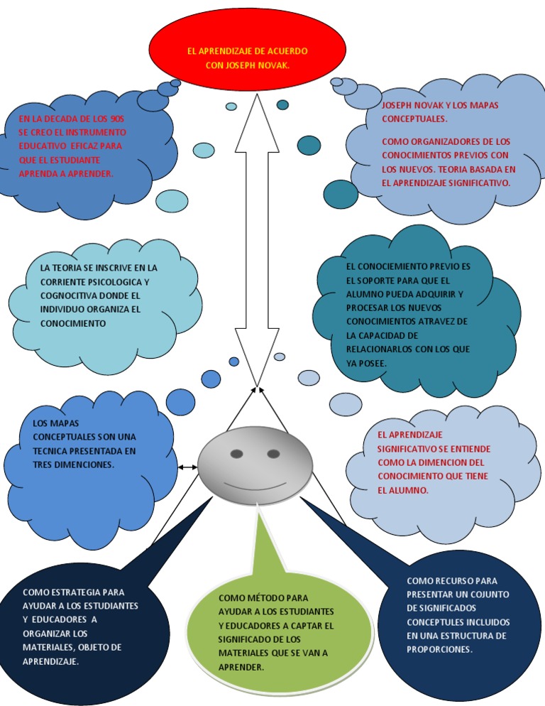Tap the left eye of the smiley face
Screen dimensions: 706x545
coord(236,453)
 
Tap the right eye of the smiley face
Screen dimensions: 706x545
coord(273,453)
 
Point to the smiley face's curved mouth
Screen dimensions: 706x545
coord(255,485)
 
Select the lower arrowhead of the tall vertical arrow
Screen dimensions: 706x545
coord(255,369)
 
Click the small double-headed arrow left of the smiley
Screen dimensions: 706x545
coord(187,467)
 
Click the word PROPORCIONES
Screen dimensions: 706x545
coord(439,649)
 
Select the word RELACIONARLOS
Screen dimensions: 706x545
coord(380,349)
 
